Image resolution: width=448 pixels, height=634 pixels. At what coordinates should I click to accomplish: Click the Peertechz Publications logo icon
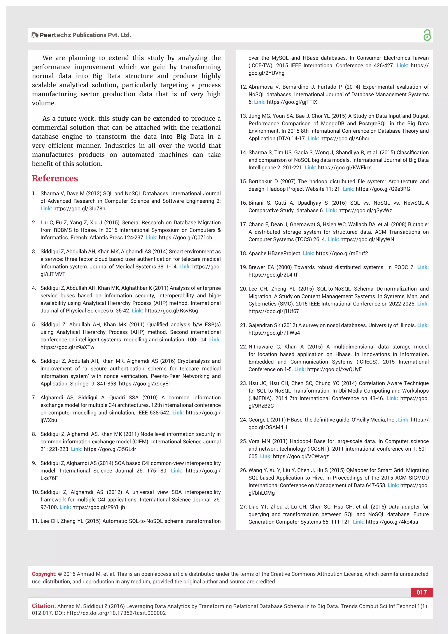coord(35,35)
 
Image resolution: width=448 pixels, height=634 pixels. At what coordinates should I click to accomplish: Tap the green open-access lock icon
coord(427,35)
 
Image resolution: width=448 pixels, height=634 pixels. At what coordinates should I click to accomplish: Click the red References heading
coord(55,178)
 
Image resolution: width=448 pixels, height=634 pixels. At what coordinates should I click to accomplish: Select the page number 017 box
coord(422,592)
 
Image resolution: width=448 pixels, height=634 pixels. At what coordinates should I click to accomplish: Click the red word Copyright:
coord(44,574)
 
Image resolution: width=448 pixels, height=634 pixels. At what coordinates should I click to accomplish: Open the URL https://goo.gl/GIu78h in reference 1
coord(79,209)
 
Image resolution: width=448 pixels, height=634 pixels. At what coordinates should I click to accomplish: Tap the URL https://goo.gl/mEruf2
coord(342,253)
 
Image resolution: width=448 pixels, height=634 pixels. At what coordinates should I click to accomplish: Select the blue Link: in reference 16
coord(331,210)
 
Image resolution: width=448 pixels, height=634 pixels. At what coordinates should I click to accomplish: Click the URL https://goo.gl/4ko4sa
coord(392,522)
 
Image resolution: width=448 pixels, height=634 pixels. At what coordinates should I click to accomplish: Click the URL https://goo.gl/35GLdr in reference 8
coord(110,449)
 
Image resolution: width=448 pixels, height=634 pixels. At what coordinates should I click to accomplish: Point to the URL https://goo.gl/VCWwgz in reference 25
coord(301,457)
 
